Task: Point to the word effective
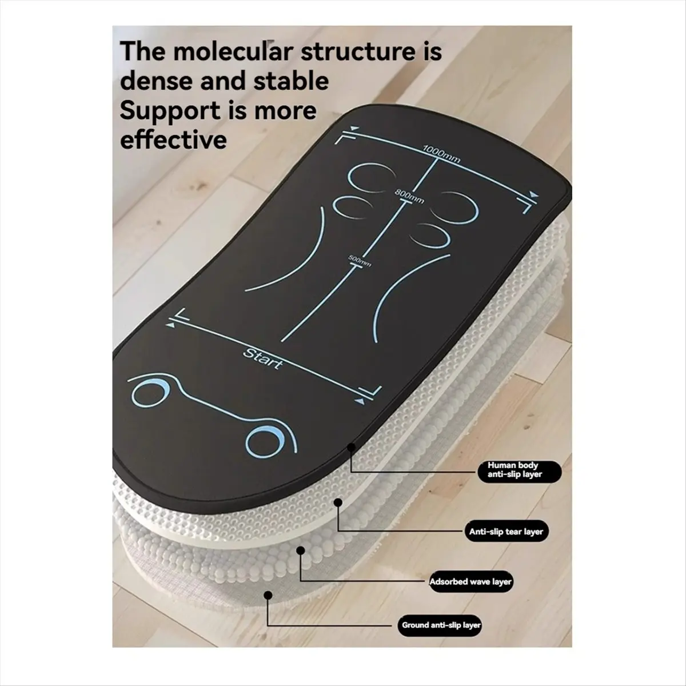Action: click(x=173, y=140)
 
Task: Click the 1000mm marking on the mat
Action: click(x=441, y=154)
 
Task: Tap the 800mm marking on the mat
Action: click(x=409, y=197)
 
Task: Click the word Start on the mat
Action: click(x=263, y=358)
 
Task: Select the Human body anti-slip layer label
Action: click(x=520, y=472)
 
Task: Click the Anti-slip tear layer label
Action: click(x=506, y=532)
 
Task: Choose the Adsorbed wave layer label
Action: click(x=470, y=582)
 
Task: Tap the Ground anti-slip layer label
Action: click(x=439, y=625)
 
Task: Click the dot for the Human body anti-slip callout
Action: click(x=351, y=446)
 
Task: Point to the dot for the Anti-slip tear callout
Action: click(x=338, y=502)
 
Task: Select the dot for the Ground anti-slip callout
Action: click(x=269, y=595)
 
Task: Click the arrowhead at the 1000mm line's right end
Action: click(x=533, y=194)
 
